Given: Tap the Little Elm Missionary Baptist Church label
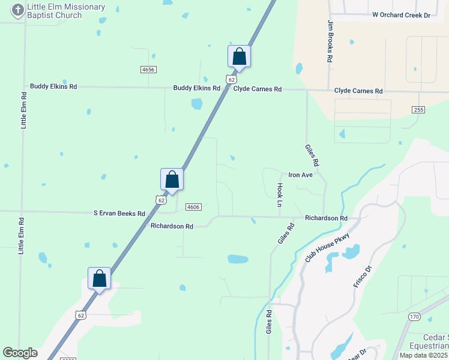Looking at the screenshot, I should pyautogui.click(x=66, y=11).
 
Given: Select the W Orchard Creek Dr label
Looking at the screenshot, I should pyautogui.click(x=402, y=14).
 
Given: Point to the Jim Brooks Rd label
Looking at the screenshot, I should pyautogui.click(x=330, y=42).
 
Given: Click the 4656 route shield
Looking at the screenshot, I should pyautogui.click(x=148, y=70).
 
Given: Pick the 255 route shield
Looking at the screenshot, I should pyautogui.click(x=419, y=109).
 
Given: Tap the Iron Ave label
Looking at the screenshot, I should pyautogui.click(x=301, y=175).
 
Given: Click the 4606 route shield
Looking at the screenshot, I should pyautogui.click(x=193, y=206).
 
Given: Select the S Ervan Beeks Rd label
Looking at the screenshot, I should pyautogui.click(x=119, y=214).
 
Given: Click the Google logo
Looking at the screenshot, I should pyautogui.click(x=20, y=353).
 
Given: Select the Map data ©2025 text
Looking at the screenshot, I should pyautogui.click(x=424, y=355).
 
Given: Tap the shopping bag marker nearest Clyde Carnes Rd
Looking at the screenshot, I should pyautogui.click(x=239, y=57).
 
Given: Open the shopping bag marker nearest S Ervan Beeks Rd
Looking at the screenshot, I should pyautogui.click(x=172, y=179).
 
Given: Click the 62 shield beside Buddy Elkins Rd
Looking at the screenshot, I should pyautogui.click(x=231, y=79).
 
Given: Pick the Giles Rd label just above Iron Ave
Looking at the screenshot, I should pyautogui.click(x=312, y=154).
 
